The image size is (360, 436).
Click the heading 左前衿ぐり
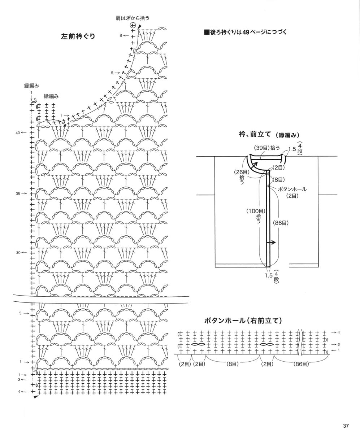78,36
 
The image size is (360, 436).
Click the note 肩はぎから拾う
133,18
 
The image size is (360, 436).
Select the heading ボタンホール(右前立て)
243,321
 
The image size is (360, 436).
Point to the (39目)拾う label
267,148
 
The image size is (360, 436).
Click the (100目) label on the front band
256,211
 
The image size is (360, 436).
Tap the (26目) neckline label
242,172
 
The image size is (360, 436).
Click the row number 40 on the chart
18,133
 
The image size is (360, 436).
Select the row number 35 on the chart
18,193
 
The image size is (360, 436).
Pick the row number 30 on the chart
18,253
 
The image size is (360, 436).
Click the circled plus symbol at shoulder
133,26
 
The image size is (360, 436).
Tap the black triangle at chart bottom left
36,397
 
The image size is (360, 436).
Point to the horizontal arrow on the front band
271,243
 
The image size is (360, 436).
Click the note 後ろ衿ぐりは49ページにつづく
246,32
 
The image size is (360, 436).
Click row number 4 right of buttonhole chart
339,332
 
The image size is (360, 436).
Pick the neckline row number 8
121,35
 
